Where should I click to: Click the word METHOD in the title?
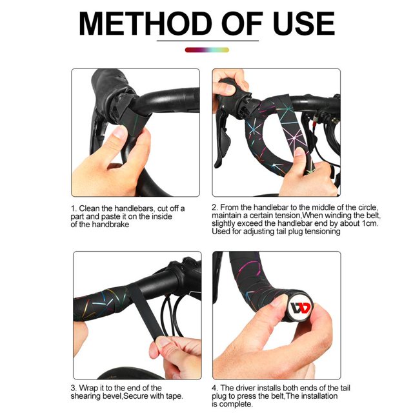coord(145,23)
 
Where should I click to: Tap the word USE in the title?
coord(303,23)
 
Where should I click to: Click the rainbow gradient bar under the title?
coord(206,50)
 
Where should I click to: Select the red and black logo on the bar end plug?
coord(301,308)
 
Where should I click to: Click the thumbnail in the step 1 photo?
coord(121,132)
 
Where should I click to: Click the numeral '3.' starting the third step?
coord(74,388)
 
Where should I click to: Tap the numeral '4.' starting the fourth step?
coord(215,388)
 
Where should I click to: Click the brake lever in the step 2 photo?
coord(223,139)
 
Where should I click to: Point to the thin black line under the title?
coord(208,41)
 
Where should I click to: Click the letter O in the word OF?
coord(233,23)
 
